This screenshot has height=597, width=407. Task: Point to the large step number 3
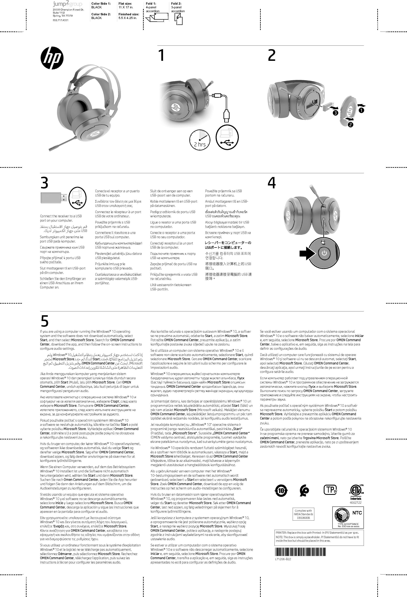[x=44, y=183]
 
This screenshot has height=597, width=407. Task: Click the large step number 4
[x=272, y=183]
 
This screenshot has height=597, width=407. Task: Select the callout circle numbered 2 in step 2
[x=350, y=125]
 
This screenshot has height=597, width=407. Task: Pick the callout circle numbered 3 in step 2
[x=335, y=113]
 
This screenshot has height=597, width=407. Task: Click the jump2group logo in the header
[x=67, y=4]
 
